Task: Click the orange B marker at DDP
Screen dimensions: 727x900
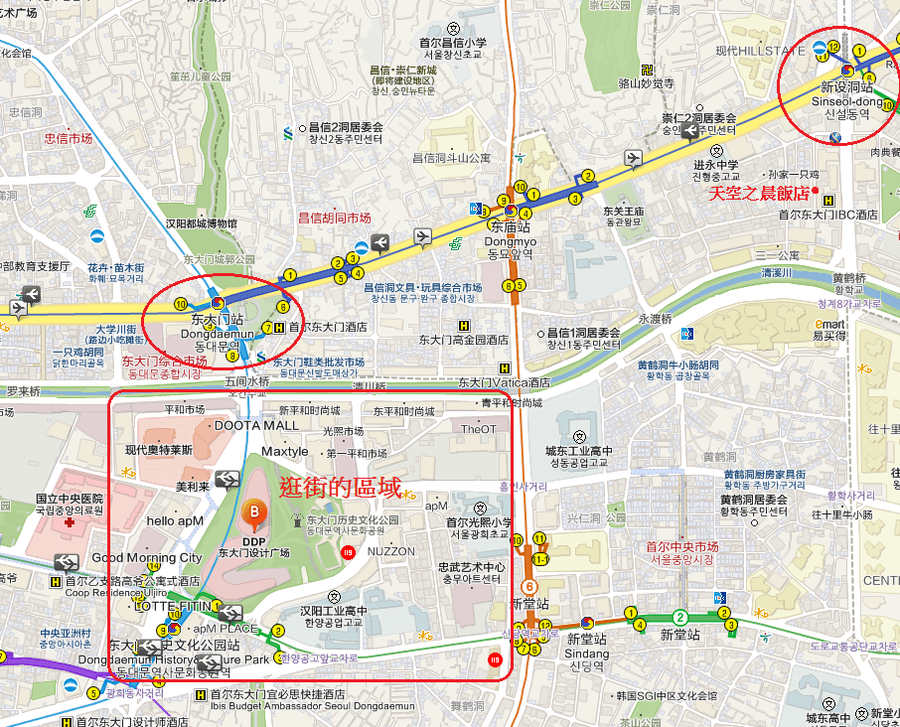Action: pos(254,511)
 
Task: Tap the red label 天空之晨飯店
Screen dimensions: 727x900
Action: pos(757,194)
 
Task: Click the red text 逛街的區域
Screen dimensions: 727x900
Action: pos(340,488)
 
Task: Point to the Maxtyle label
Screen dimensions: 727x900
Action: pos(284,452)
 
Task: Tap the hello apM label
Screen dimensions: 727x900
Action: pos(175,520)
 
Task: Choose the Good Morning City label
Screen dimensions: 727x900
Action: pos(147,558)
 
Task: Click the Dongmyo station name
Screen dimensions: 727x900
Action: pos(513,239)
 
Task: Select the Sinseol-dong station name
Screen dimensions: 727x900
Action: pos(846,101)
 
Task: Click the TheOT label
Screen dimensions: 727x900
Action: pos(478,429)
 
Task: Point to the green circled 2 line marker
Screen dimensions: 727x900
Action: pos(679,617)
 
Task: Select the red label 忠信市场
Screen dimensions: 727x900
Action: pos(68,139)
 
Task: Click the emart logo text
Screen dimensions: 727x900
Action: pos(829,324)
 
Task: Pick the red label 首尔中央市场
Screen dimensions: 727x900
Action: pos(681,546)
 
